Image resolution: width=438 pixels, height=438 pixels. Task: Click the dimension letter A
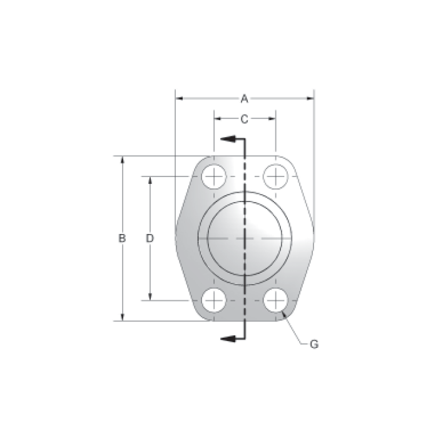coord(245,98)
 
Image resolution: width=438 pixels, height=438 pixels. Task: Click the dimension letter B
coord(123,238)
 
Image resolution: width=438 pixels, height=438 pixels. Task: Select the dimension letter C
coord(245,118)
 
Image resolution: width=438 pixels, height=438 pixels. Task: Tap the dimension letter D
coord(150,238)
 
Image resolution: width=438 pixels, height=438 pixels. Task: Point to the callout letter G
coord(314,344)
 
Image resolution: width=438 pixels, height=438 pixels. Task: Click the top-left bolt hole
coord(214,176)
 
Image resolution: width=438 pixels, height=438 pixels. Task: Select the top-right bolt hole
coord(275,176)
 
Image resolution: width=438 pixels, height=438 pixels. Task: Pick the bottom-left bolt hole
coord(214,300)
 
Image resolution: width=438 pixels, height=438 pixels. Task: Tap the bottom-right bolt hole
coord(275,300)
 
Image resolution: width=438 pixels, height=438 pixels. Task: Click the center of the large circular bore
coord(245,238)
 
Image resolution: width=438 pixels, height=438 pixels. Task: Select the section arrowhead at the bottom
coord(227,339)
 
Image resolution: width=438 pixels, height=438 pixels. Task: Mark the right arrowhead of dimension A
coord(310,98)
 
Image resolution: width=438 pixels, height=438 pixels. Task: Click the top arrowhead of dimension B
coord(123,160)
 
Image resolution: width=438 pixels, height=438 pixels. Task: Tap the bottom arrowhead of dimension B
coord(123,317)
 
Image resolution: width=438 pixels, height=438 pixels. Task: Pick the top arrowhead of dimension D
coord(150,180)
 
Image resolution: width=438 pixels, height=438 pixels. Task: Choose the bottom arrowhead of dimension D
coord(150,297)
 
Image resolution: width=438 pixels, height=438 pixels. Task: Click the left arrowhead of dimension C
coord(217,118)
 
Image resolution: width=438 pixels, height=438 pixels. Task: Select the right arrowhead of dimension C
coord(272,118)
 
